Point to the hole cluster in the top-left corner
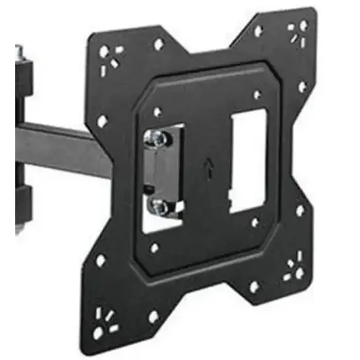pyautogui.click(x=109, y=55)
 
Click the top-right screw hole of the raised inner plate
pyautogui.click(x=257, y=95)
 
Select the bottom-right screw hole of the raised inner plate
pyautogui.click(x=255, y=222)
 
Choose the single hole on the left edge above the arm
pyautogui.click(x=102, y=120)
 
